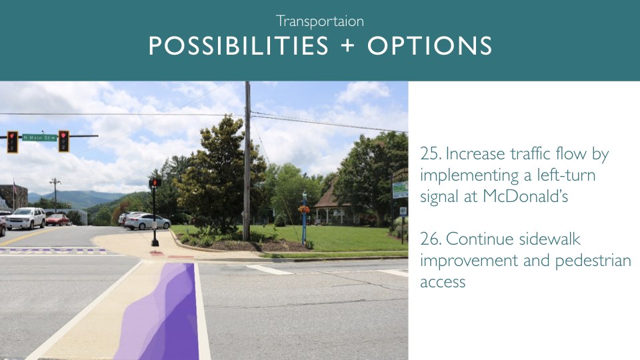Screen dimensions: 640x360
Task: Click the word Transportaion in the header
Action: coord(319,21)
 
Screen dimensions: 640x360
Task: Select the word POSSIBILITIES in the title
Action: coord(239,45)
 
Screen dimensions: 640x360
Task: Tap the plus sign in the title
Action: coord(347,45)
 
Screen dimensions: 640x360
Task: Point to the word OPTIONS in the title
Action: coord(429,45)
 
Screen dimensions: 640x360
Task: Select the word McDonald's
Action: coord(525,196)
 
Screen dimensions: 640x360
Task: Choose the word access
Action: coord(443,282)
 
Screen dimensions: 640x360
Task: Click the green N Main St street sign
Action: coord(39,137)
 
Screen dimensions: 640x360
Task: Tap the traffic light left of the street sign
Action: coord(13,141)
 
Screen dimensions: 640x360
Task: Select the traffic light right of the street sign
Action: coord(64,141)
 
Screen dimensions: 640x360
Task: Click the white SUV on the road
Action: coord(25,218)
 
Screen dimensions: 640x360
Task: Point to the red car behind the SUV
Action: coord(57,219)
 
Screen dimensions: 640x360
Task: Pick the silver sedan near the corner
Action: coord(147,221)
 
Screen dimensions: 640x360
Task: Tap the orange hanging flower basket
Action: coord(304,209)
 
